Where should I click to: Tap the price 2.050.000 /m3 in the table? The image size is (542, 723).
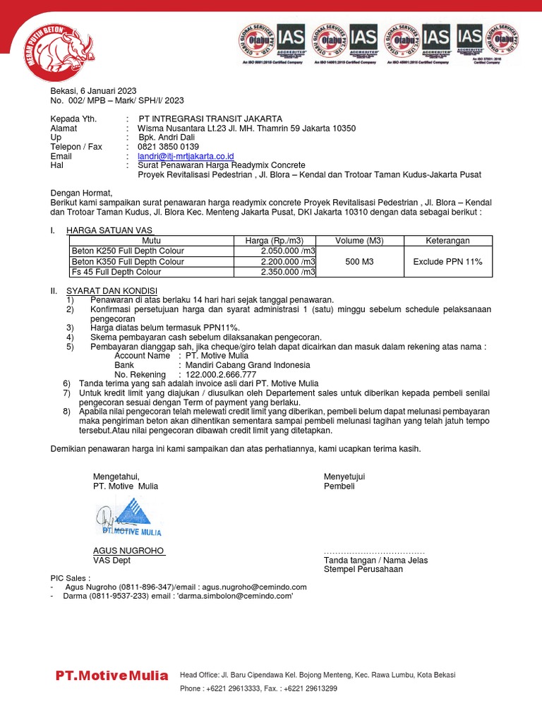(x=288, y=251)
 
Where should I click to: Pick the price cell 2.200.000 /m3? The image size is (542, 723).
(x=288, y=261)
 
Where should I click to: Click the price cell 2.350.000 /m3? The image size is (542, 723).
(x=288, y=272)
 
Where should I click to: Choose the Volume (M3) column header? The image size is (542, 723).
(x=359, y=241)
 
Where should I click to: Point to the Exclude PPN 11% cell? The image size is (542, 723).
(x=447, y=261)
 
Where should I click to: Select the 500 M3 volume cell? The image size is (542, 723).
(x=359, y=261)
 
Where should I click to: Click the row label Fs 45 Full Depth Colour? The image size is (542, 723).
(x=116, y=272)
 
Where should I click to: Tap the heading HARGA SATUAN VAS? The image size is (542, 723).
(x=109, y=230)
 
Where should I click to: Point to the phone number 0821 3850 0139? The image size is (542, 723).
(x=169, y=147)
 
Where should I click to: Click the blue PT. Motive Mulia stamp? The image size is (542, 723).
(x=131, y=516)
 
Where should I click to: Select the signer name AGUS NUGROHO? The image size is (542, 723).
(x=128, y=551)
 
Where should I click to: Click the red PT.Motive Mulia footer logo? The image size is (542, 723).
(x=112, y=676)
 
